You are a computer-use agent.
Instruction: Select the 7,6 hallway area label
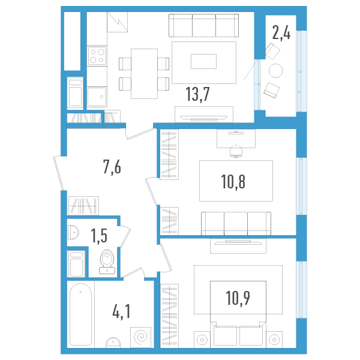click(112, 167)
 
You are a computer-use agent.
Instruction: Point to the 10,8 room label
click(233, 181)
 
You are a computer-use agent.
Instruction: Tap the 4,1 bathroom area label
click(122, 311)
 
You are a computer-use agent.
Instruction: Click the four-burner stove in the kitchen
click(97, 56)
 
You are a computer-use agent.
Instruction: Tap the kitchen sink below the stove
click(96, 96)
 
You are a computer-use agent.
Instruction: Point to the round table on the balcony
click(275, 71)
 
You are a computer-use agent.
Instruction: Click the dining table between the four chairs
click(144, 73)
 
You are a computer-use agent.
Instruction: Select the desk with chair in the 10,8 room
click(236, 140)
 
